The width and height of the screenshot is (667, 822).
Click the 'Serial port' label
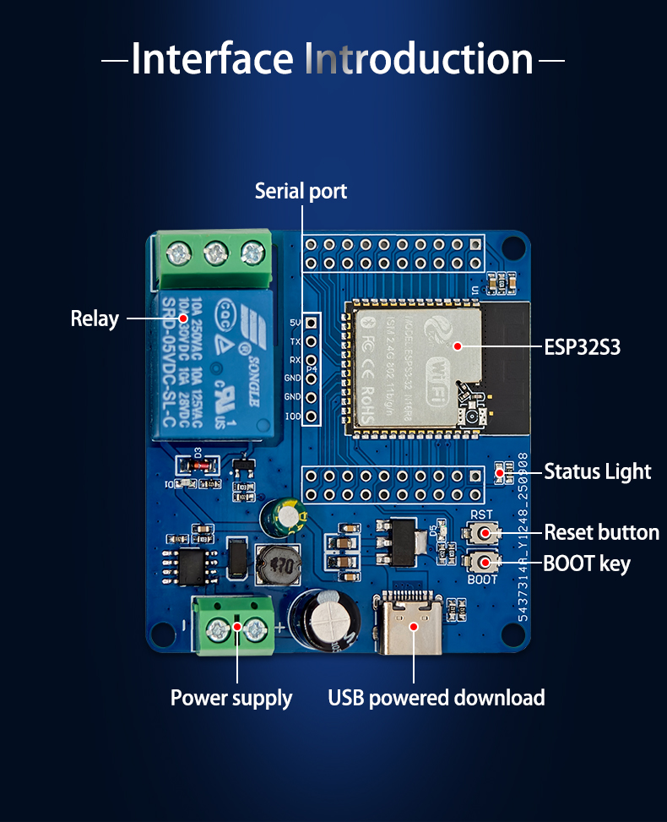click(301, 192)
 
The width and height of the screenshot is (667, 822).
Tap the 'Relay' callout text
click(95, 319)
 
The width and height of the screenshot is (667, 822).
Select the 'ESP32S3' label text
click(582, 346)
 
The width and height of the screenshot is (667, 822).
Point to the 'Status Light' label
click(597, 471)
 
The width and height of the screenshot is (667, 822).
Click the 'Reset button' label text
click(601, 532)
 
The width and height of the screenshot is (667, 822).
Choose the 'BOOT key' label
click(586, 563)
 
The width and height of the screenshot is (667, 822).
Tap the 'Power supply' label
click(231, 698)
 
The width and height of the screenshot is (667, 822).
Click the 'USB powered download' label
click(436, 698)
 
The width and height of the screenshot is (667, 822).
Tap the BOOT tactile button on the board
click(483, 562)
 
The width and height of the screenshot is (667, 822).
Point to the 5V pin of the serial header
click(312, 323)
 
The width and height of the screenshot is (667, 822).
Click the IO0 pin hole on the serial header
click(312, 416)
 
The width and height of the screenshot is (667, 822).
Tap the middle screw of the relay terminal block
click(216, 251)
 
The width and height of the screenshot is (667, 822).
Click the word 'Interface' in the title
click(212, 59)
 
